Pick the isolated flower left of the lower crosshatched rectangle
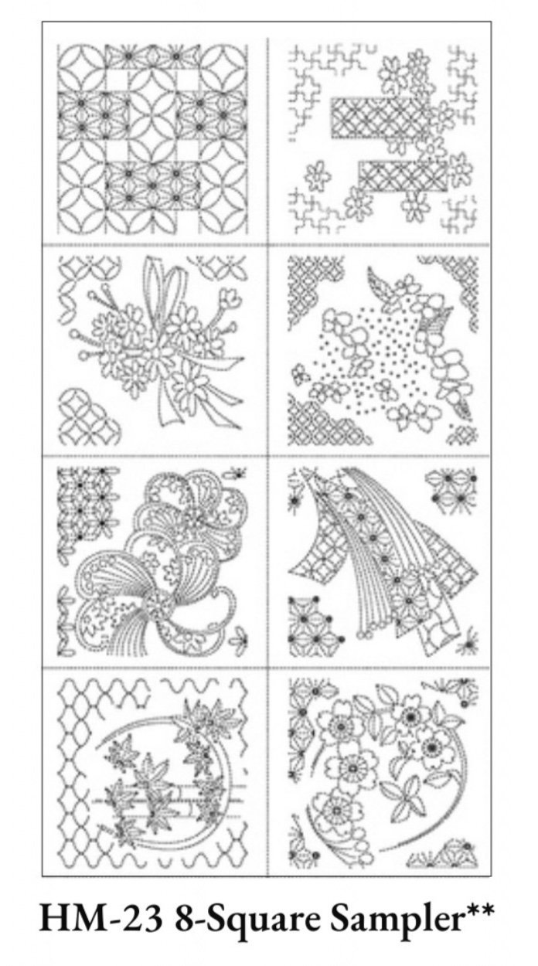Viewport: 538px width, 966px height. [x=318, y=177]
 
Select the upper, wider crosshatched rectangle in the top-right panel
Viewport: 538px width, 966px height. [x=380, y=116]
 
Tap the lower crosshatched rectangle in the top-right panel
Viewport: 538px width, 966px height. [x=403, y=178]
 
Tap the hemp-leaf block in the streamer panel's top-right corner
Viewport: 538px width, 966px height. [x=451, y=488]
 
